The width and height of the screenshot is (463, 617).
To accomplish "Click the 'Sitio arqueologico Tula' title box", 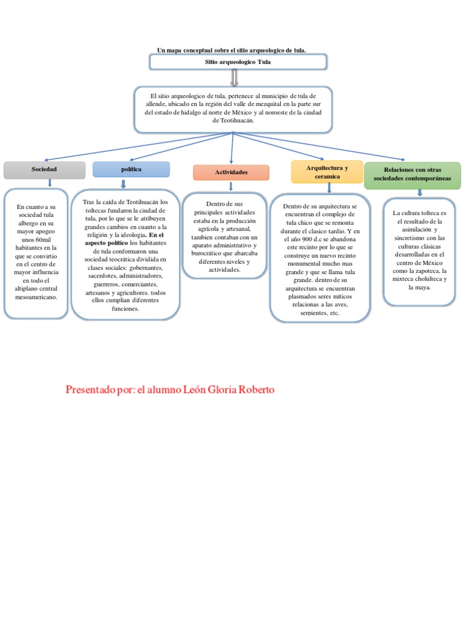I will point(238,62).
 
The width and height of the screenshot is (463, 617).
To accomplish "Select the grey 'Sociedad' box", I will point(44,171).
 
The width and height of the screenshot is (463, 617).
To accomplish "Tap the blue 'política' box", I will point(131,170).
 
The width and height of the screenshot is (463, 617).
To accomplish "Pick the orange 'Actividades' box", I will point(231,173).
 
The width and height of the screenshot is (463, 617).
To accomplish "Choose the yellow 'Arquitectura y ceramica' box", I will point(327,172).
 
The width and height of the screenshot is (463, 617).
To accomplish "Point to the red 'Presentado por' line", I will point(169,390).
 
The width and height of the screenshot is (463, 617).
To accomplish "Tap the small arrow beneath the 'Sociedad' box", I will point(49,183).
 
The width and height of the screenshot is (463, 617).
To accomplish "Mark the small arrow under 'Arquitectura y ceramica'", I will point(329,187).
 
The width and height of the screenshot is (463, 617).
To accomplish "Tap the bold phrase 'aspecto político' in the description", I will point(106,243).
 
